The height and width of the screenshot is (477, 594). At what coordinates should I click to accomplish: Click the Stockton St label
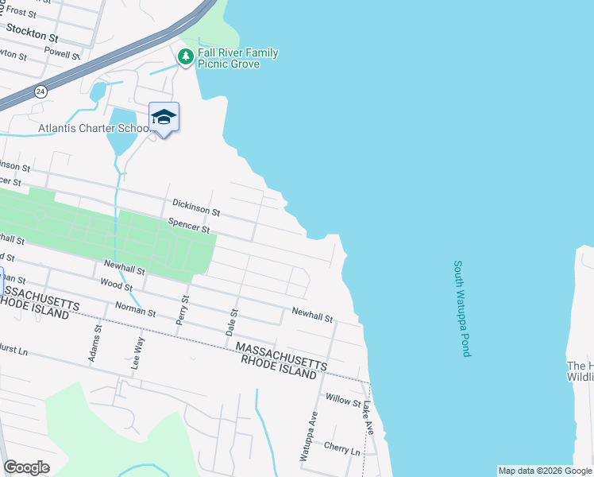pyautogui.click(x=32, y=33)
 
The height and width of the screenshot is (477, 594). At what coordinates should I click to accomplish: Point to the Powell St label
pyautogui.click(x=63, y=54)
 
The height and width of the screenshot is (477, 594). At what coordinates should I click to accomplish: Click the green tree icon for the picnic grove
pyautogui.click(x=186, y=56)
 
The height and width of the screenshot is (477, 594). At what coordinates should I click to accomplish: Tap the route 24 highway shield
pyautogui.click(x=40, y=92)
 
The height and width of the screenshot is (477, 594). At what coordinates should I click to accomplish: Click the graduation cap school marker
pyautogui.click(x=164, y=118)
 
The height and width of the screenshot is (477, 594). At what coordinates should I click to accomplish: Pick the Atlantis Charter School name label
pyautogui.click(x=94, y=128)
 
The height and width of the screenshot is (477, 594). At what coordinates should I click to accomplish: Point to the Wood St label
pyautogui.click(x=116, y=285)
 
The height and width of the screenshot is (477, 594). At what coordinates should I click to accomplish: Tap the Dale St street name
pyautogui.click(x=231, y=322)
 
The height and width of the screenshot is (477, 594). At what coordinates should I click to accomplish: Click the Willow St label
pyautogui.click(x=342, y=399)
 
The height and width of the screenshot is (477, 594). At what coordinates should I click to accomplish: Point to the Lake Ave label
pyautogui.click(x=368, y=417)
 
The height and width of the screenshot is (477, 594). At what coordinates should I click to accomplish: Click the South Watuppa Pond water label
pyautogui.click(x=462, y=308)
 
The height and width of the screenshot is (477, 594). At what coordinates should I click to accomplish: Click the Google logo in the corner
pyautogui.click(x=27, y=467)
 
